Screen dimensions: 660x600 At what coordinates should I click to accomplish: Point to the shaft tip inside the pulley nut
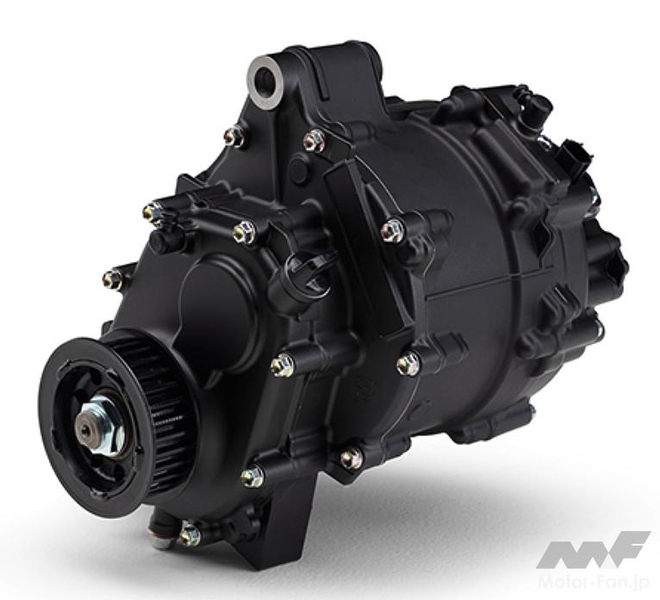[87, 429]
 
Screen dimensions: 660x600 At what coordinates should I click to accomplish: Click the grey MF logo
[594, 548]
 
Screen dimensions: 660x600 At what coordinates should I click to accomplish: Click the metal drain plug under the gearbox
[159, 534]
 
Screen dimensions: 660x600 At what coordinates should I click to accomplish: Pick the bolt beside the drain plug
[190, 534]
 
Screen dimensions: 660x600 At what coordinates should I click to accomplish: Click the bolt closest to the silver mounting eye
[234, 135]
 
